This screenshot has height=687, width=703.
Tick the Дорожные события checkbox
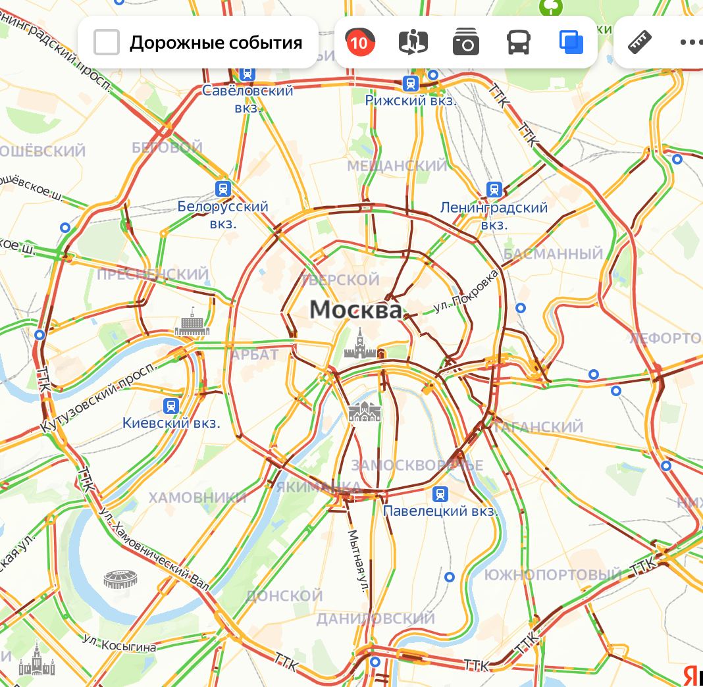pyautogui.click(x=107, y=43)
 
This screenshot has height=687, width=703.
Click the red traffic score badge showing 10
pyautogui.click(x=359, y=43)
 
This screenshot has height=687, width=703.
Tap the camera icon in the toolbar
pyautogui.click(x=466, y=43)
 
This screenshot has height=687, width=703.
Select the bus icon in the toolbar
pyautogui.click(x=519, y=43)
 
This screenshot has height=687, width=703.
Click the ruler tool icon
pyautogui.click(x=640, y=43)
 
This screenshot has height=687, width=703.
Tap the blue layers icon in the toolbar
pyautogui.click(x=571, y=43)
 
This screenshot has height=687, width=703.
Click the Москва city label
pyautogui.click(x=355, y=309)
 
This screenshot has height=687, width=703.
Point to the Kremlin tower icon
pyautogui.click(x=359, y=343)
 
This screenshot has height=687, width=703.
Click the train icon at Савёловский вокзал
pyautogui.click(x=247, y=73)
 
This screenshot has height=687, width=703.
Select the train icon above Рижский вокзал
pyautogui.click(x=411, y=84)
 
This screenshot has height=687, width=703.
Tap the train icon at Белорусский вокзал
pyautogui.click(x=223, y=189)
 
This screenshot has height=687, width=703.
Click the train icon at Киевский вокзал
pyautogui.click(x=172, y=405)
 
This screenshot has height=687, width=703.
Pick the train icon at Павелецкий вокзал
pyautogui.click(x=440, y=494)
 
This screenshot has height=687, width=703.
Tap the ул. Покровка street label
pyautogui.click(x=467, y=292)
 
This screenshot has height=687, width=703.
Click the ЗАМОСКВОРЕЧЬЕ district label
pyautogui.click(x=417, y=465)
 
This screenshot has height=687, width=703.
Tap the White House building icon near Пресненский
pyautogui.click(x=192, y=323)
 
